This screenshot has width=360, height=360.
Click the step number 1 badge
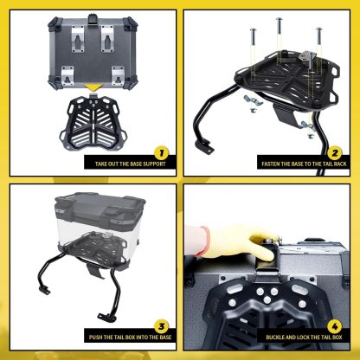pos(161,153)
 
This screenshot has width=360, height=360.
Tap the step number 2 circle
pos(335,153)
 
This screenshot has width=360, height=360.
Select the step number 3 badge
pos(161,326)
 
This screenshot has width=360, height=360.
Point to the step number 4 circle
pos(335,326)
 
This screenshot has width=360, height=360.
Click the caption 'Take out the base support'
pos(131,164)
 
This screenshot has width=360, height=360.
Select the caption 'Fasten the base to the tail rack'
pos(304,164)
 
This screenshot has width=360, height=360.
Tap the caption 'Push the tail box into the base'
pos(131,337)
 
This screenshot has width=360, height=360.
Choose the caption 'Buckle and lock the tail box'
pos(304,337)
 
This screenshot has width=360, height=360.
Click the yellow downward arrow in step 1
pos(93,87)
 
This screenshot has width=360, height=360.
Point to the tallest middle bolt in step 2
pos(279,27)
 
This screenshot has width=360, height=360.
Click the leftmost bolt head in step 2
pos(254,30)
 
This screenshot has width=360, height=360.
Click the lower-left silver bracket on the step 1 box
pos(67,75)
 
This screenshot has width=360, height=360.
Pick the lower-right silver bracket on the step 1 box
pos(118,75)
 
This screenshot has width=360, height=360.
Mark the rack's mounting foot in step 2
pos(205,146)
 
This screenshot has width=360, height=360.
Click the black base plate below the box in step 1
pos(93,124)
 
